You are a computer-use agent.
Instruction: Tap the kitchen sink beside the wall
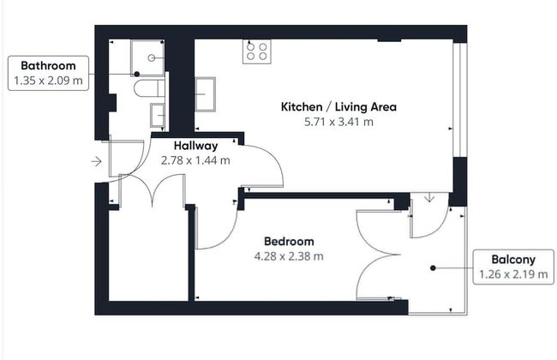click(206, 93)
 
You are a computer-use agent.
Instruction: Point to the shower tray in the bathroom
click(150, 57)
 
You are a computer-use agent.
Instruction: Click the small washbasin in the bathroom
click(159, 114)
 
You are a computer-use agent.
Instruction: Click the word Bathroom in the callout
click(48, 65)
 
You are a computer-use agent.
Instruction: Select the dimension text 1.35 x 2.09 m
click(48, 81)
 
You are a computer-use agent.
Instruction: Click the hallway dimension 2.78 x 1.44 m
click(195, 159)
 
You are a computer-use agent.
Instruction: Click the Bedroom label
click(288, 241)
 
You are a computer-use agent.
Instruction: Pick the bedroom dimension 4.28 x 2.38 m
click(288, 255)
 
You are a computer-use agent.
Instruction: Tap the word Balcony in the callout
click(513, 260)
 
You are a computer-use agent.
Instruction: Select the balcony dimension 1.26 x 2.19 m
click(513, 275)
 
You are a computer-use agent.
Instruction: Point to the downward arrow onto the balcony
click(429, 199)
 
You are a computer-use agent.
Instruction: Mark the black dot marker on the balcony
click(434, 267)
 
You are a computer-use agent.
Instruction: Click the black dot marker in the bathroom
click(136, 75)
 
